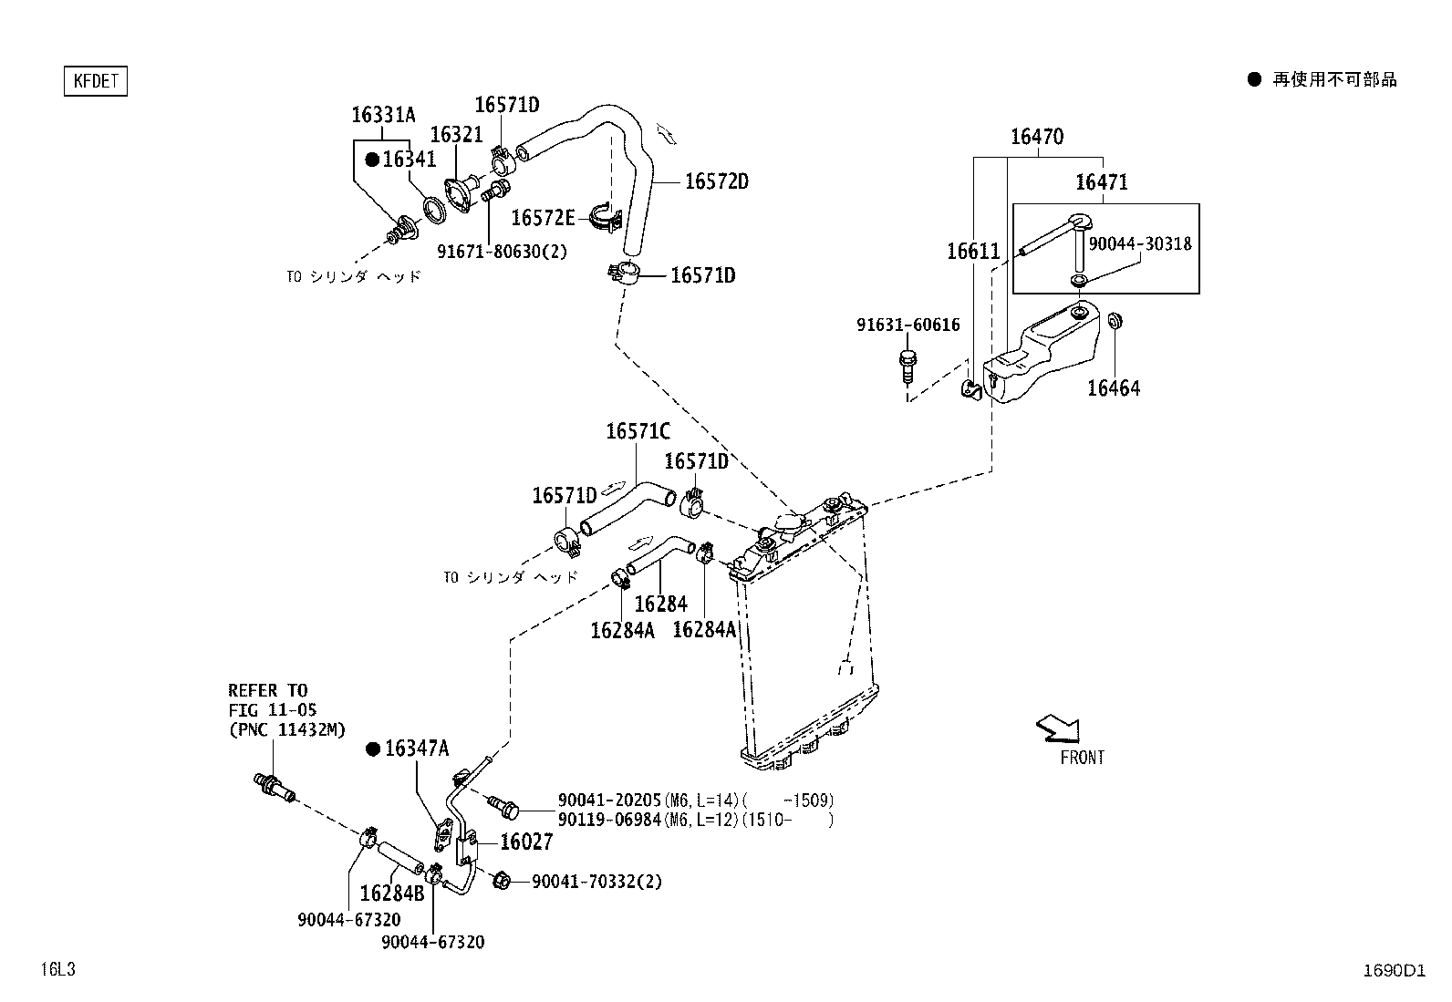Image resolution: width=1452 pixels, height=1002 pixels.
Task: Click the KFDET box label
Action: [x=95, y=81]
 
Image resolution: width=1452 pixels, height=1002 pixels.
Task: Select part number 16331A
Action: [x=383, y=116]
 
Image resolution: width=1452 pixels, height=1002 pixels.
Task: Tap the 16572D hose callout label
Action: [x=717, y=181]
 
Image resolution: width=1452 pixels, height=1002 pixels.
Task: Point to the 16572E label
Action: [x=543, y=218]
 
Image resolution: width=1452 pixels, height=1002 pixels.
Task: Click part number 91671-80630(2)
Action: [x=502, y=252]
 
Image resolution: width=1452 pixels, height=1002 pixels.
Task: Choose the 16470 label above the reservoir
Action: [x=1037, y=137]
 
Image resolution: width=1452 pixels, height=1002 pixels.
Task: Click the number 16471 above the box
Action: [x=1102, y=182]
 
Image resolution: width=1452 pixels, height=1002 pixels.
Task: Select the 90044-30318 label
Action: [x=1140, y=243]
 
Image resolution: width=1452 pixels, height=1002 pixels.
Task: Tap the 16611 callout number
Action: [x=973, y=252]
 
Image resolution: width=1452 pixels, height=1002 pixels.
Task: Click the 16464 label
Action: [x=1114, y=388]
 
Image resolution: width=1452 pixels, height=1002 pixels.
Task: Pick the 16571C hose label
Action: [x=638, y=431]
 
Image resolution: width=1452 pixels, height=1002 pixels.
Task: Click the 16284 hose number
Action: [x=660, y=604]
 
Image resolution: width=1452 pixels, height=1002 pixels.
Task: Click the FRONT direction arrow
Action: [x=1059, y=729]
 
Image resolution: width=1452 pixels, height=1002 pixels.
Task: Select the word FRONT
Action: [x=1082, y=758]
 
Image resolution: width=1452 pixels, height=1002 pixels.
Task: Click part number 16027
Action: [x=526, y=842]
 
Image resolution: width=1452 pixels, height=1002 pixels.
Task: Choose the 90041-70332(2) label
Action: [x=597, y=882]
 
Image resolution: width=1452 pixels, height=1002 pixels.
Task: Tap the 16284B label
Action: [x=392, y=894]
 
